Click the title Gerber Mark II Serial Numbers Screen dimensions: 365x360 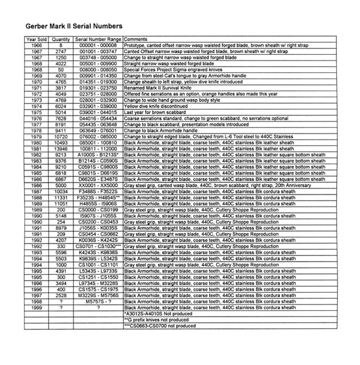(x=73, y=26)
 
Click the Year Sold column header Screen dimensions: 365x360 (x=36, y=39)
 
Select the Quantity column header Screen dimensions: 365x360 (x=61, y=39)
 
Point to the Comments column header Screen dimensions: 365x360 (x=136, y=39)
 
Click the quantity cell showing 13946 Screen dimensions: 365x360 (x=61, y=148)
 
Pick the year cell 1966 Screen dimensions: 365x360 (x=36, y=45)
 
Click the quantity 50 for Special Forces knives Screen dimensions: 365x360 (x=61, y=69)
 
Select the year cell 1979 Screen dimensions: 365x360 (x=36, y=136)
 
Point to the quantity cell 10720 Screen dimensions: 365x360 (x=61, y=136)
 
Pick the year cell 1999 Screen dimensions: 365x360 (x=36, y=308)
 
